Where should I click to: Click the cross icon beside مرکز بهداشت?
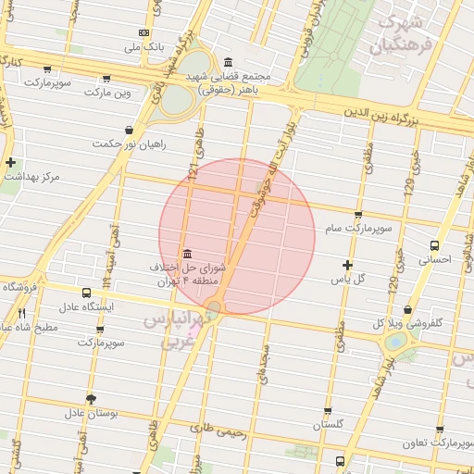10,163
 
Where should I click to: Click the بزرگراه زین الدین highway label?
407,118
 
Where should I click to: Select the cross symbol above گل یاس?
347,265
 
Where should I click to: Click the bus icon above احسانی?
435,245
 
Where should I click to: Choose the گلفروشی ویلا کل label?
407,324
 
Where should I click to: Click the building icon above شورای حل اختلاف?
188,255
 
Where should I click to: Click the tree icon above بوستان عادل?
91,398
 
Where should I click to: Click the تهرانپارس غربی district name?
177,330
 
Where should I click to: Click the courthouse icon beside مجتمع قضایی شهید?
228,63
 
